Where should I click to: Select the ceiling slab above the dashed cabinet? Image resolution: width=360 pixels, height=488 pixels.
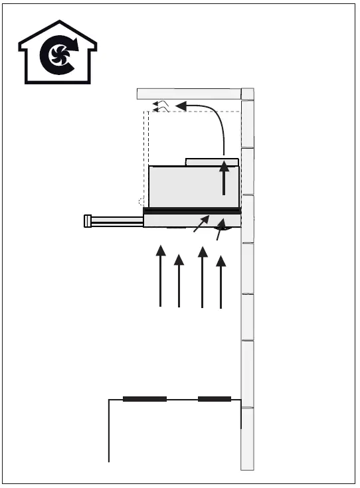click(x=189, y=94)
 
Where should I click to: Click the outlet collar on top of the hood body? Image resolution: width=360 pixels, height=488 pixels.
click(x=212, y=161)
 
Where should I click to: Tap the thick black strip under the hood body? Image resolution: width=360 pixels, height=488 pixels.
click(x=191, y=211)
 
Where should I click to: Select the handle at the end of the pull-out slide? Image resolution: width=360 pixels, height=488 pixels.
click(x=88, y=221)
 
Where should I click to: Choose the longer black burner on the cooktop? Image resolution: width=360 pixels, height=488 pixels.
click(x=145, y=399)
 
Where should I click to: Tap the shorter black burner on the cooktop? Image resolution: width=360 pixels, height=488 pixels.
click(x=214, y=399)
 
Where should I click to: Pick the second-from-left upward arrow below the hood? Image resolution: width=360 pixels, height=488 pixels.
click(x=179, y=282)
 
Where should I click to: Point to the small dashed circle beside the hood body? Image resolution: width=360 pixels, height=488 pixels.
click(x=140, y=201)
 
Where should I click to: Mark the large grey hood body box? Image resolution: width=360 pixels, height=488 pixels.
click(x=186, y=187)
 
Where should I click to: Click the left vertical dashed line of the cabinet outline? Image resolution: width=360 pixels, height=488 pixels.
click(x=145, y=153)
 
